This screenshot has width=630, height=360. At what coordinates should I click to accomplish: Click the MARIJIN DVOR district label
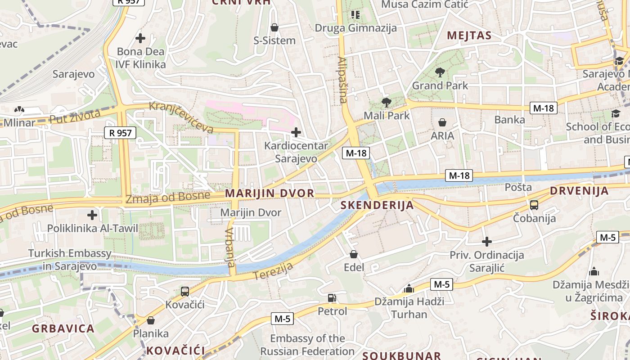click(269, 193)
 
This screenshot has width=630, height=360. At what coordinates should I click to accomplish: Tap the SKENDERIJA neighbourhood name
click(377, 205)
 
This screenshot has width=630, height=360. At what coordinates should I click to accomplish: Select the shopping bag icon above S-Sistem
click(274, 27)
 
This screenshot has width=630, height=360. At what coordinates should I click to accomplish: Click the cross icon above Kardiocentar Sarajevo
click(296, 132)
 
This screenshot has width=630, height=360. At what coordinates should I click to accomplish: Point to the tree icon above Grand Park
click(440, 72)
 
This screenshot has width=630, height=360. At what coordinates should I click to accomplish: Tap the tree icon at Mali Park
click(386, 102)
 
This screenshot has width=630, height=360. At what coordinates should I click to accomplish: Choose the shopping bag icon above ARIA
click(442, 122)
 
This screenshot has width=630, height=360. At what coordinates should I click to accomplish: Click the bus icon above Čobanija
click(534, 205)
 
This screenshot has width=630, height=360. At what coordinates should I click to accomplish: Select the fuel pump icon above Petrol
click(332, 297)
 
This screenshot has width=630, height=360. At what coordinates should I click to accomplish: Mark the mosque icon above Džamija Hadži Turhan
click(409, 288)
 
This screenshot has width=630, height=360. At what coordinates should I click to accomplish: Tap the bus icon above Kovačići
click(184, 291)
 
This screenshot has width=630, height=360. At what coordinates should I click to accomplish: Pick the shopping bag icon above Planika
click(151, 320)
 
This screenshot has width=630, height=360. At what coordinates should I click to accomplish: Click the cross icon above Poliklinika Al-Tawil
click(92, 215)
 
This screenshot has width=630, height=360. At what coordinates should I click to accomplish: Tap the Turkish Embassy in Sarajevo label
click(70, 260)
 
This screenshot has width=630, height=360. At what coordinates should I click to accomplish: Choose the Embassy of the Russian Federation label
click(307, 345)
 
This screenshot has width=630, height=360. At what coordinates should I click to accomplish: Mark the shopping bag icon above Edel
click(354, 254)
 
